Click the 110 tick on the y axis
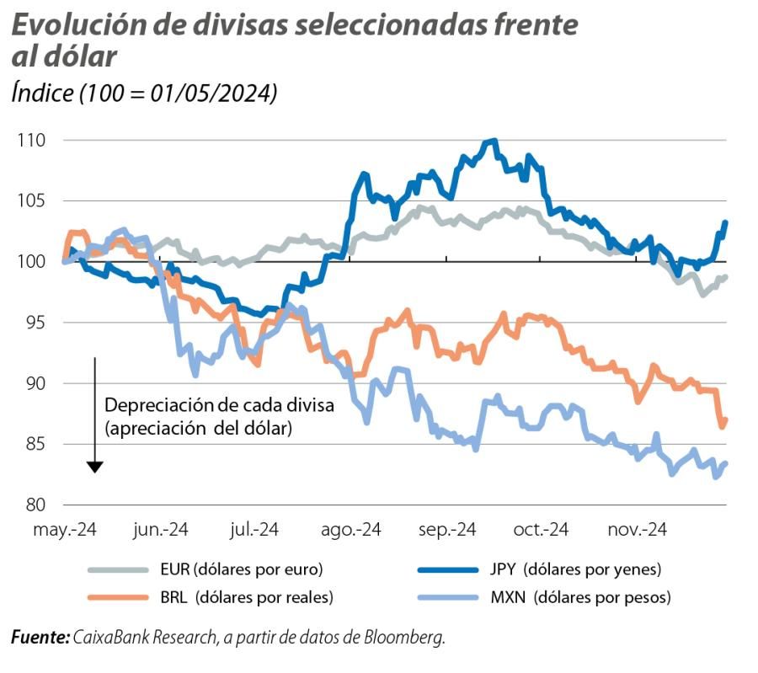(x=30, y=140)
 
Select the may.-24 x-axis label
(x=65, y=530)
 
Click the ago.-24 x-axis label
(x=351, y=530)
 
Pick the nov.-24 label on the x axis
(x=638, y=530)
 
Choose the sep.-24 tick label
(x=446, y=530)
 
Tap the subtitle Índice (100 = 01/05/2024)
(x=145, y=93)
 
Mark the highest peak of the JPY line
(x=494, y=142)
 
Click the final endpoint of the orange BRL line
(x=726, y=420)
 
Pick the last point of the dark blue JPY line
(x=726, y=222)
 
